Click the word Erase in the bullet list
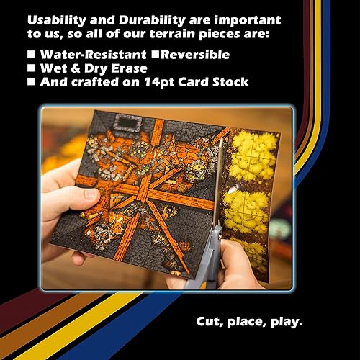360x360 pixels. [x=138, y=68]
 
